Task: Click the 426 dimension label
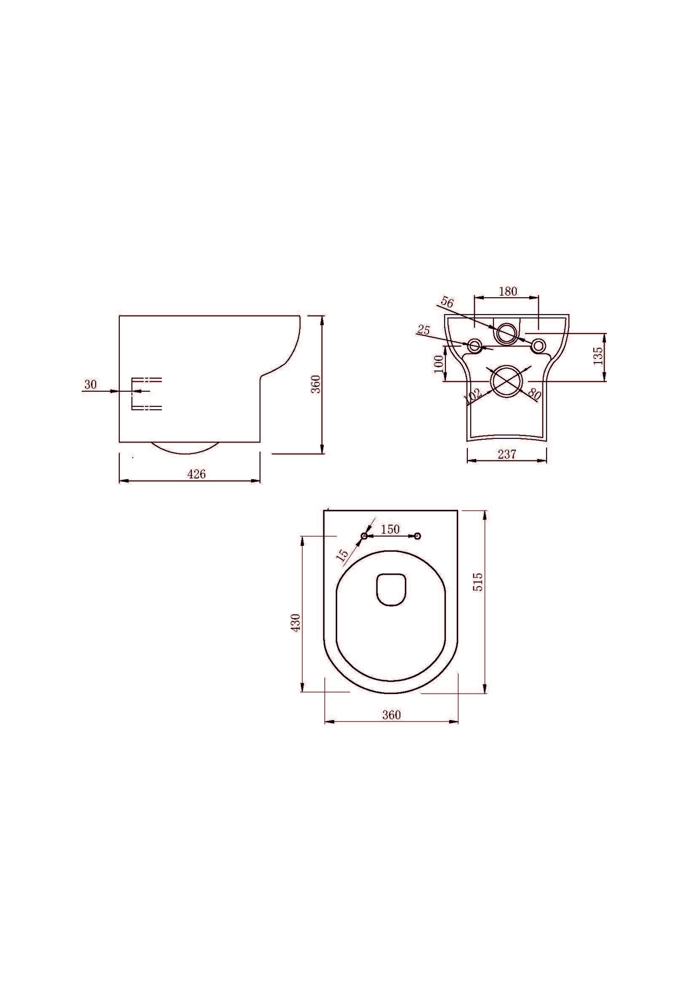click(x=196, y=474)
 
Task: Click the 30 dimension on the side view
click(x=90, y=385)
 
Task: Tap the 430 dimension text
click(x=296, y=622)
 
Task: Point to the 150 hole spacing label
click(x=390, y=529)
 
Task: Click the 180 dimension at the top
click(x=508, y=291)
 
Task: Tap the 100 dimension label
click(x=438, y=364)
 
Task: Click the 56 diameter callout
click(x=447, y=302)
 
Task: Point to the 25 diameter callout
click(x=424, y=330)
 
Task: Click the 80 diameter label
click(x=534, y=393)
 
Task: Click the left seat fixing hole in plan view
click(x=364, y=536)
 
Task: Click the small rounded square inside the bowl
click(x=391, y=590)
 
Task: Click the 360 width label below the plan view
click(x=391, y=715)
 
